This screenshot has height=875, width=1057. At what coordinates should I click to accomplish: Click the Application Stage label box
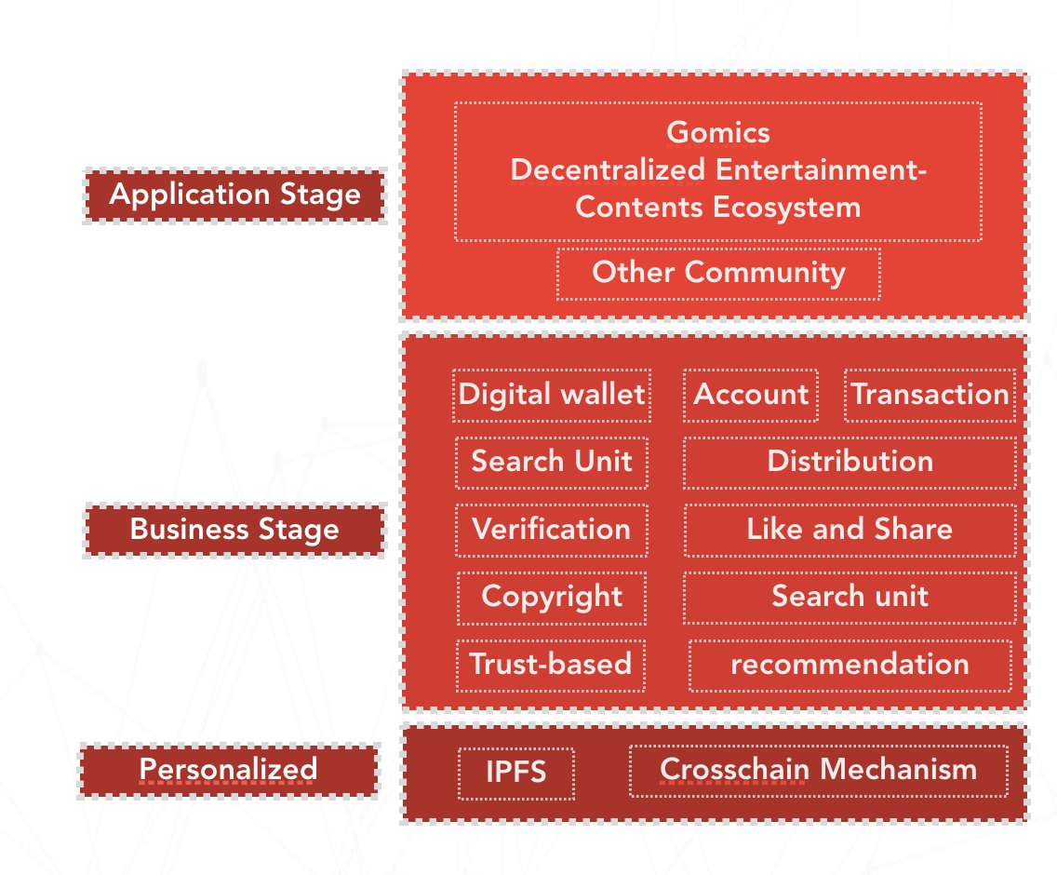(234, 195)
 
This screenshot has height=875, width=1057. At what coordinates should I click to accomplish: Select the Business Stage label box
(234, 531)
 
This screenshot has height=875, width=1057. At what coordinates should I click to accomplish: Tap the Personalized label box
(229, 771)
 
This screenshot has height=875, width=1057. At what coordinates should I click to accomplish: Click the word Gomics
(718, 132)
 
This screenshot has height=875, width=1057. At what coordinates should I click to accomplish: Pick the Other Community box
(718, 273)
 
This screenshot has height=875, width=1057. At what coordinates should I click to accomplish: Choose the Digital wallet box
(552, 395)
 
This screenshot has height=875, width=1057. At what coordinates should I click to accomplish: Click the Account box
(751, 395)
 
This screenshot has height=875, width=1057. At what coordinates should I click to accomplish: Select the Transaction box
(930, 395)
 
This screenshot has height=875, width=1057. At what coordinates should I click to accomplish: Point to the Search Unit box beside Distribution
(552, 462)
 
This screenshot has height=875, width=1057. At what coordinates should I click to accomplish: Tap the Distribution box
(850, 462)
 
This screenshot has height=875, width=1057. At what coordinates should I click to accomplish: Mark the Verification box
(552, 530)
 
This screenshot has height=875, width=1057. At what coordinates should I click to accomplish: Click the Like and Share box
(850, 530)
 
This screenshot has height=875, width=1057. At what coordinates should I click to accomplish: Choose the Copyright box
(552, 597)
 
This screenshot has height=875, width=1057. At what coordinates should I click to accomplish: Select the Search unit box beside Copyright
(850, 597)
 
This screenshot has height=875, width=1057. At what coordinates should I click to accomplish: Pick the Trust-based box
(551, 665)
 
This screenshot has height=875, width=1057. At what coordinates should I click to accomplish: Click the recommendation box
(850, 665)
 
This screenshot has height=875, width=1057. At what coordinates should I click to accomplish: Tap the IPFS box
(516, 773)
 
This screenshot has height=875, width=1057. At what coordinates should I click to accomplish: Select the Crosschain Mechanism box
(818, 771)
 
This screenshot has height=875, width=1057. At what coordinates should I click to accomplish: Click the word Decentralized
(609, 169)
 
